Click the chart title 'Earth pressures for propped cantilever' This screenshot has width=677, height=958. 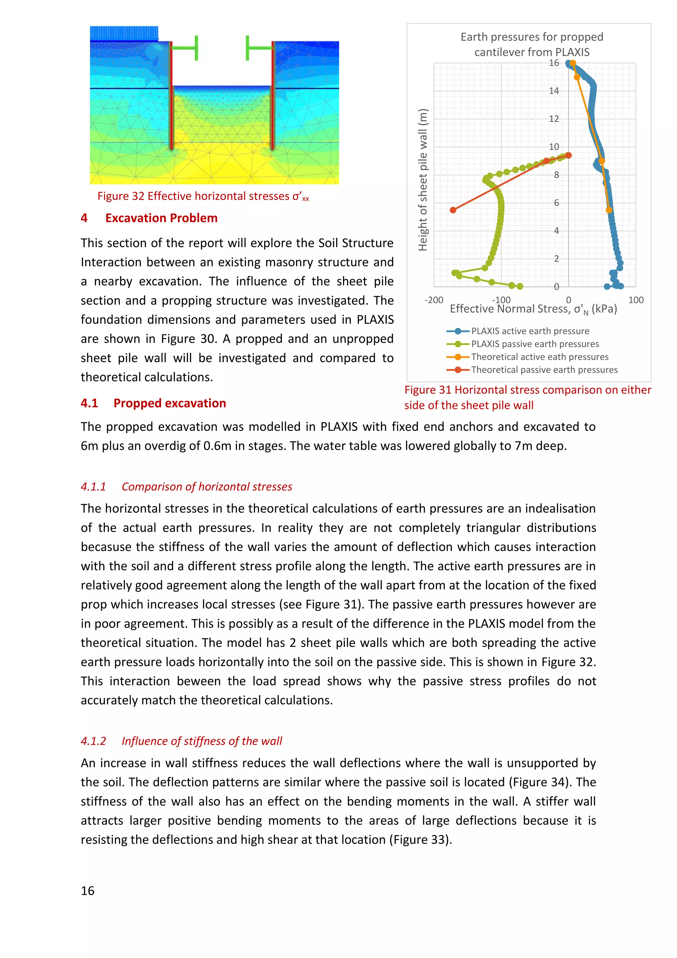click(x=532, y=44)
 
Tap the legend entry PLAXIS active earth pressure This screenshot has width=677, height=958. click(x=530, y=331)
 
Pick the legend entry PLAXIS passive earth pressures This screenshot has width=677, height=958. click(x=535, y=344)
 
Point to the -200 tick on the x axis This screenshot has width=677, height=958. click(x=433, y=300)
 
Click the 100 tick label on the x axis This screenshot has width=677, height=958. click(x=636, y=300)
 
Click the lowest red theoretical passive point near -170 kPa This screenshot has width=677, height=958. click(x=453, y=210)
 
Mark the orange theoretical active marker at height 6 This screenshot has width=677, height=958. click(x=609, y=210)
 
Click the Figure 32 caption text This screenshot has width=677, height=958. click(x=203, y=196)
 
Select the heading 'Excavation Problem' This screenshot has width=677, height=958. click(x=161, y=218)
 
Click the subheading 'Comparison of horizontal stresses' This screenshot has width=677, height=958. click(x=207, y=487)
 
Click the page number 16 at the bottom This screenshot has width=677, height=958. click(x=88, y=891)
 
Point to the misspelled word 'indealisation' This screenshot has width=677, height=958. click(x=560, y=509)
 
